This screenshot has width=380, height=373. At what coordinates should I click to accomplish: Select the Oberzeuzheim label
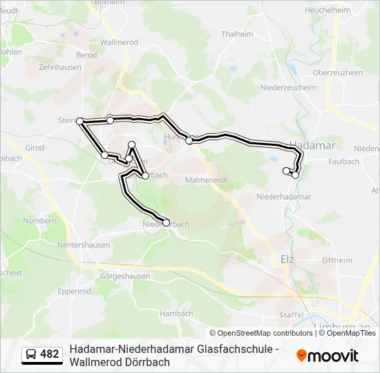(338, 72)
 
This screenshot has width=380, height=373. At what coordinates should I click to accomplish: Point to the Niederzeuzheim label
(288, 88)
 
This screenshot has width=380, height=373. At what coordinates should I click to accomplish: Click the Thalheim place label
(237, 34)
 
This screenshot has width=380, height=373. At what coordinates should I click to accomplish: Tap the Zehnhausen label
(56, 68)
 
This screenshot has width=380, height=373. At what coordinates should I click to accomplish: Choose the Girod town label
(35, 148)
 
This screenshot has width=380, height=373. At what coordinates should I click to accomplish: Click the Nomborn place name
(39, 221)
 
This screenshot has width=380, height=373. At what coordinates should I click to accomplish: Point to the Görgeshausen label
(125, 276)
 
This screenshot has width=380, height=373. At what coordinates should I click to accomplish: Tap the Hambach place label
(175, 313)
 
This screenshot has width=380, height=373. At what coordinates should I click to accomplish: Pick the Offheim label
(337, 260)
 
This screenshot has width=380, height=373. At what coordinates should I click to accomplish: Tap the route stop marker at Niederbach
(166, 222)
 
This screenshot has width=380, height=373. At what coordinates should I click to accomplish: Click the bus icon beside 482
(31, 355)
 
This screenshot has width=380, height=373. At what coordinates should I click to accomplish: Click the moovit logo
(327, 356)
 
